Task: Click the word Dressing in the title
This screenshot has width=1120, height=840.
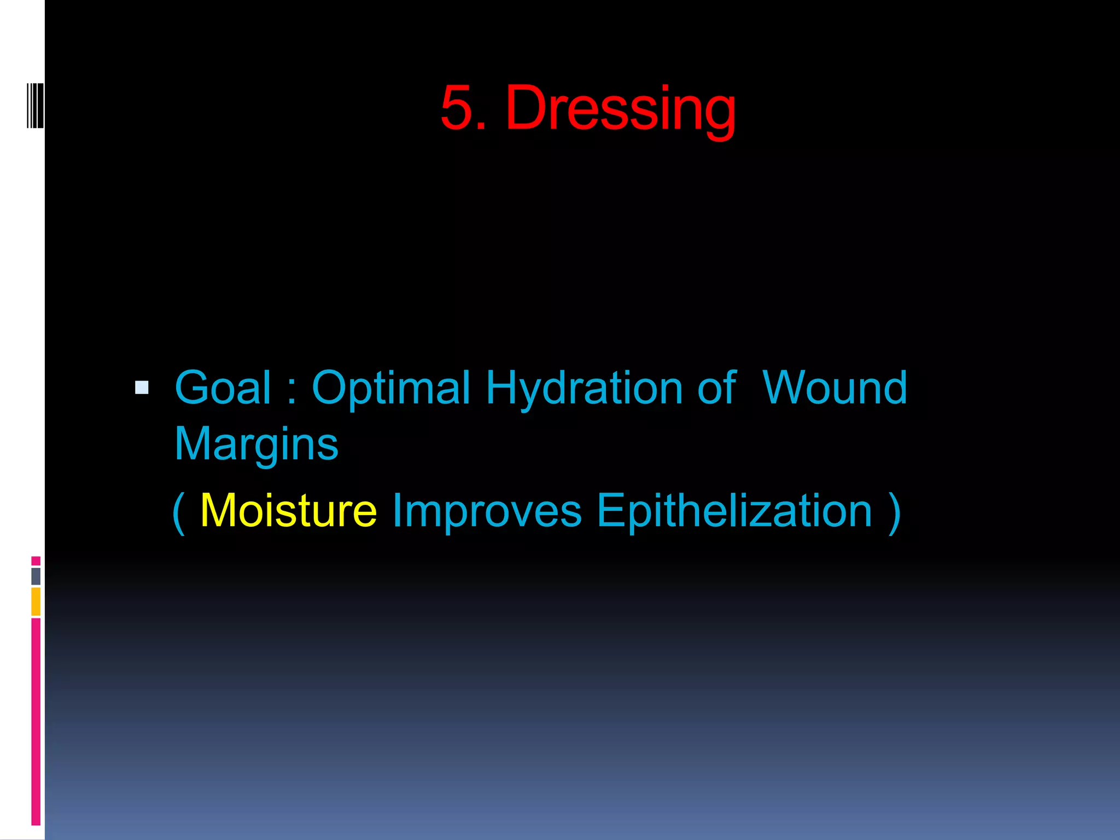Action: point(621,108)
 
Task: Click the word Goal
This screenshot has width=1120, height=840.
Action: point(223,388)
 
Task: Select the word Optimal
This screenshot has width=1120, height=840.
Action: point(390,388)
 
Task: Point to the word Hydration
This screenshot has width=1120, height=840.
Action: point(584,388)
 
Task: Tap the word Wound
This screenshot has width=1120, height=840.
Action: point(835,388)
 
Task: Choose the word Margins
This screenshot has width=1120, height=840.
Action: point(256,444)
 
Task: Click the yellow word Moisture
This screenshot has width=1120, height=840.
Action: point(288,511)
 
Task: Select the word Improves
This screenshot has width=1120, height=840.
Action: point(487,511)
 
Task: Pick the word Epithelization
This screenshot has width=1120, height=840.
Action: point(734,511)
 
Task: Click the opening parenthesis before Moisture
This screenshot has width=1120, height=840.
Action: point(178,512)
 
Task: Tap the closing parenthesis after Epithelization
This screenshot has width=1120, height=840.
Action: point(894,512)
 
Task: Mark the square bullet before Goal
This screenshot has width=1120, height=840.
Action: point(142,388)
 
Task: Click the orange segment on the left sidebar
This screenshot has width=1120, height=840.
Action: point(36,601)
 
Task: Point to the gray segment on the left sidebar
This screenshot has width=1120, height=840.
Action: point(36,576)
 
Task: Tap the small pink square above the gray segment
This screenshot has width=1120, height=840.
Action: point(36,561)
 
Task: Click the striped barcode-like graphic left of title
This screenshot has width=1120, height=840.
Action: point(35,106)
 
